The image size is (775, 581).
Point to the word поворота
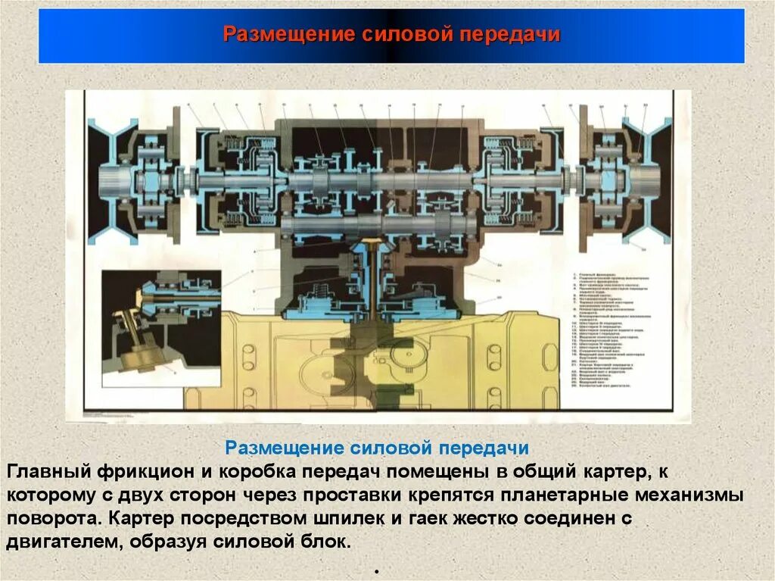pos(52,520)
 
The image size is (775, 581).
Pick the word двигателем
pos(63,543)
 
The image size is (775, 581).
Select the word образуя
pos(170,543)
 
